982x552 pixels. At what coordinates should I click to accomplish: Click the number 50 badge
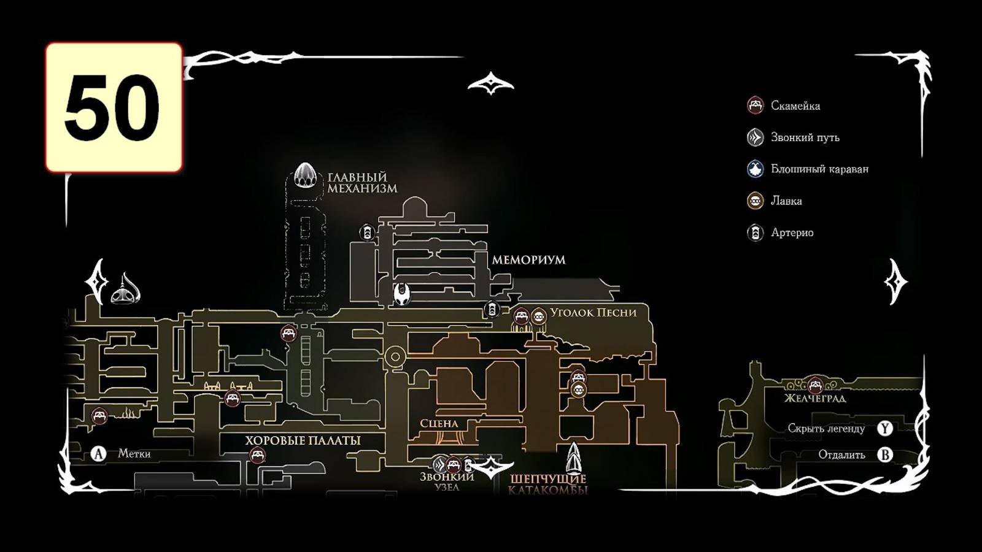114,107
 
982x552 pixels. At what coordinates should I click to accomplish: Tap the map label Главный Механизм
362,183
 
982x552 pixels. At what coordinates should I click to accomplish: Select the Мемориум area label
528,260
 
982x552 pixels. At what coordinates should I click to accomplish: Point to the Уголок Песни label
593,312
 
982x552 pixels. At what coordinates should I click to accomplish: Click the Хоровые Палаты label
303,440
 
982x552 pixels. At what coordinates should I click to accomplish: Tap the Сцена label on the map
439,423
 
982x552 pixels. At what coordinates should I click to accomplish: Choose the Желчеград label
814,399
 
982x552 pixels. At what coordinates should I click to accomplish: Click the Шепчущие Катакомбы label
548,484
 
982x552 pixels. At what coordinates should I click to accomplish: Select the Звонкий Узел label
447,481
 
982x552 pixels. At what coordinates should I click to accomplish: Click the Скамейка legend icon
755,105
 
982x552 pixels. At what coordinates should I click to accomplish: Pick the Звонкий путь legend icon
755,137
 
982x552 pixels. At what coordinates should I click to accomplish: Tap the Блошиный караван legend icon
755,169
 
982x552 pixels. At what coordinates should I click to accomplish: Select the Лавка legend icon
755,201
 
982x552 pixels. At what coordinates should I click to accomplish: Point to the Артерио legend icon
755,232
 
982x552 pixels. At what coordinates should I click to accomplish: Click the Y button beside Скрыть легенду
884,428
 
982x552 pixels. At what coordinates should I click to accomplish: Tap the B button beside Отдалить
884,454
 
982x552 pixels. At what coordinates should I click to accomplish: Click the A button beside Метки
98,454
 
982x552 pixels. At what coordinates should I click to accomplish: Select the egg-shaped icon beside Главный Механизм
305,175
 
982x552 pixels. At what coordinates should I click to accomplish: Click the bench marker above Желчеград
815,385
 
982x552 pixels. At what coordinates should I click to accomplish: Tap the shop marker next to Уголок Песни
538,316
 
